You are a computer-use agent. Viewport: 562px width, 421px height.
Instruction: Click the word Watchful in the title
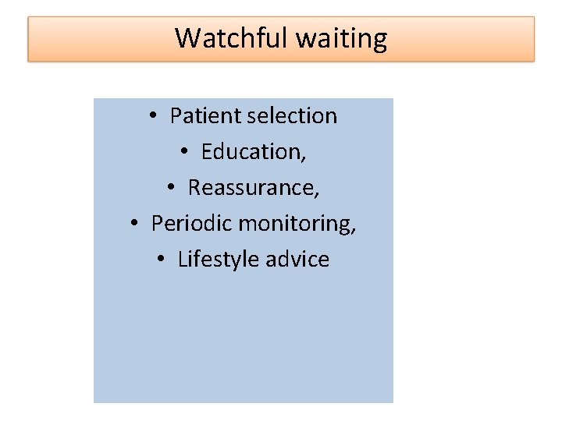click(x=226, y=37)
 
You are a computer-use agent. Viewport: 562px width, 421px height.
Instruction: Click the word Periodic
click(x=192, y=223)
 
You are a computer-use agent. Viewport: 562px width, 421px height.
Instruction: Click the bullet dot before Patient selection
click(x=155, y=116)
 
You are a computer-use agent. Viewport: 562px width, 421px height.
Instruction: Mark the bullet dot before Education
click(x=186, y=152)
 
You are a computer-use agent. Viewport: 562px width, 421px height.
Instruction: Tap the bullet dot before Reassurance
click(x=173, y=188)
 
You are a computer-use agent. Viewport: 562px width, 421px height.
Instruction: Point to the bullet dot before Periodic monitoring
click(x=136, y=224)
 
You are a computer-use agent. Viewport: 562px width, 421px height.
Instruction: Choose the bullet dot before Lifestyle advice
click(x=162, y=260)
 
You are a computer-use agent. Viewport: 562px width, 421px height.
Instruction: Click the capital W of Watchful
click(x=187, y=37)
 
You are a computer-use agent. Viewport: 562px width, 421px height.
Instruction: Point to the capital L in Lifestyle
click(x=182, y=259)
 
